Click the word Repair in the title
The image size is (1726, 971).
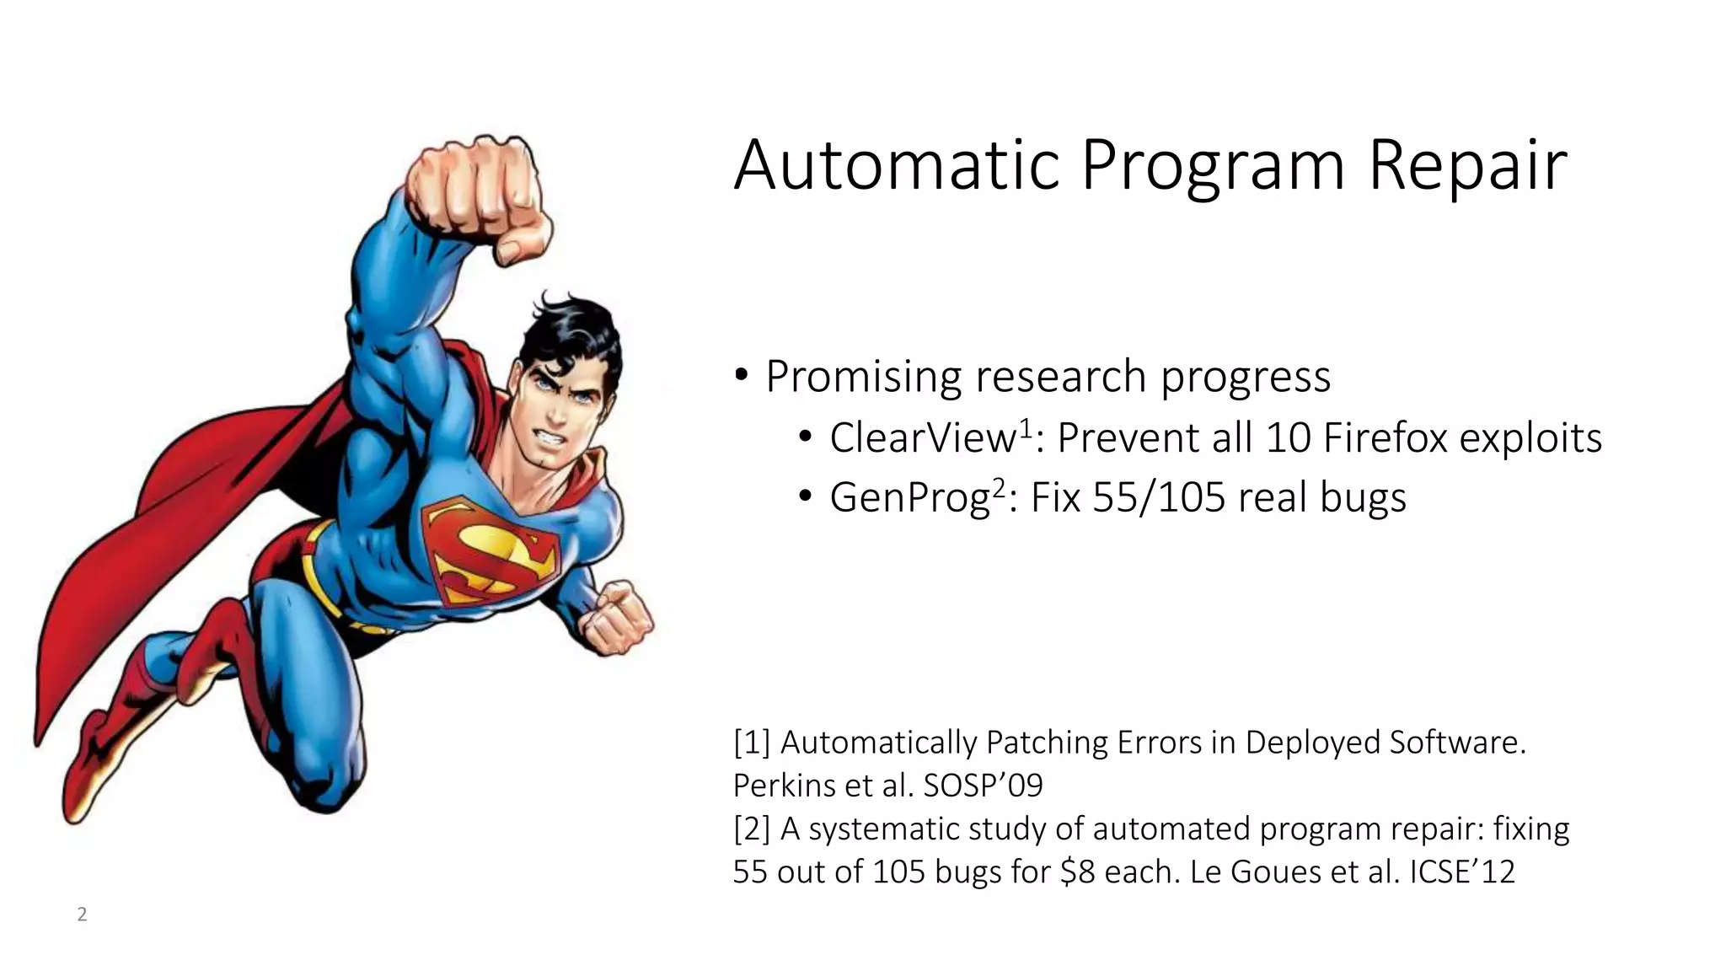point(1467,166)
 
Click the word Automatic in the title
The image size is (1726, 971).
point(896,164)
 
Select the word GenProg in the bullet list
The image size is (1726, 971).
point(909,497)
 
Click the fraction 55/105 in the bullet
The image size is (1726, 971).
point(1159,497)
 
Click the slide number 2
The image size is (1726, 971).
point(82,915)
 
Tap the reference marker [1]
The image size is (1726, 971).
point(752,743)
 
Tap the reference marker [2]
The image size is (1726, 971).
point(752,829)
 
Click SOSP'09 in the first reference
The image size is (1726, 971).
point(983,786)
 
